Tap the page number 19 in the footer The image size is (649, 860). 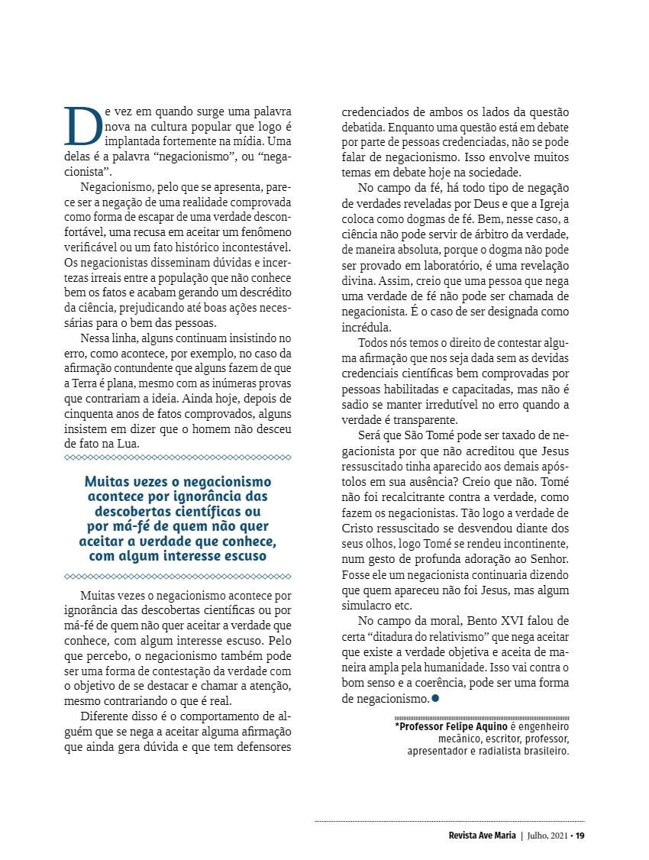(x=580, y=835)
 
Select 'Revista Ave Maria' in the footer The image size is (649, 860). (x=483, y=835)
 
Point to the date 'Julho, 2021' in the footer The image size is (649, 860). (x=547, y=835)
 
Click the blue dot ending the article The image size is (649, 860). (x=435, y=698)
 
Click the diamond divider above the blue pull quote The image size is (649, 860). (x=178, y=457)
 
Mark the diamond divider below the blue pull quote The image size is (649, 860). (x=178, y=576)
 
